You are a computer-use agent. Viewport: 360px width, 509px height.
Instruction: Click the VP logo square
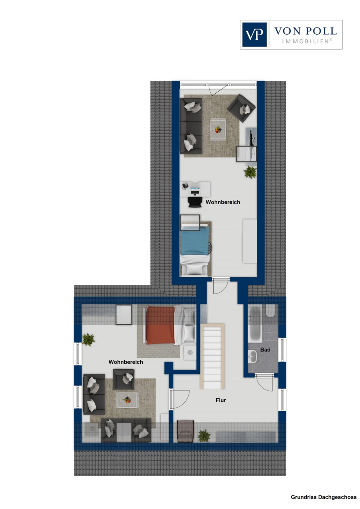coord(254,35)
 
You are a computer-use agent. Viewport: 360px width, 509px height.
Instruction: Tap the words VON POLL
coord(305,31)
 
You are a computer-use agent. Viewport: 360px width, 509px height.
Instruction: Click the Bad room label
coord(265,350)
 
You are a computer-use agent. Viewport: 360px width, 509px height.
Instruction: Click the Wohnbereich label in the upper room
coord(223,202)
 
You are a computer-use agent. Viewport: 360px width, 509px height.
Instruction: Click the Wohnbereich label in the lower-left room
coord(126,362)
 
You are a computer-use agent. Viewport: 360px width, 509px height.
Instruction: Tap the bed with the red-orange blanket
coord(170,325)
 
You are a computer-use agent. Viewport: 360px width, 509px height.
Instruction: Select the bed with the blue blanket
coord(195,249)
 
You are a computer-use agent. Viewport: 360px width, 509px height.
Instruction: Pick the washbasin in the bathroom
coord(252,356)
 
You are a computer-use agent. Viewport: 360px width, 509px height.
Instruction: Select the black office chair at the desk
coord(195,202)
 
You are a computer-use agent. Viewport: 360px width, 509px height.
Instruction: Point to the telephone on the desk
coord(185,186)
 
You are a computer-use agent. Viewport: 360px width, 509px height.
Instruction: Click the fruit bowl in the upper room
coord(218,130)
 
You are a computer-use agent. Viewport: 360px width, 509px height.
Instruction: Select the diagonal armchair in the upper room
coord(241,108)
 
